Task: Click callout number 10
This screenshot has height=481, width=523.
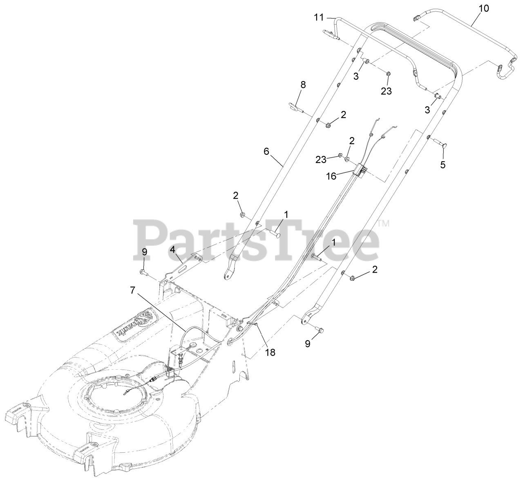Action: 483,8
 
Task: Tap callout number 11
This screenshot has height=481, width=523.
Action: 319,17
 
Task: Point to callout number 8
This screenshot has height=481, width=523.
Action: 303,85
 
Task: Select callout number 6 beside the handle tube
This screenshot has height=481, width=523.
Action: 266,151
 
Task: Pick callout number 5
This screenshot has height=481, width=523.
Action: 443,165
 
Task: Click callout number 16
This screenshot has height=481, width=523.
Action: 331,176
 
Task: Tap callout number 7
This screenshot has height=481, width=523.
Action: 132,290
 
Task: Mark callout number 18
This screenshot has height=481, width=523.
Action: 270,352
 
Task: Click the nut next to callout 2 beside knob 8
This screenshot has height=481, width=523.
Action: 328,124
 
